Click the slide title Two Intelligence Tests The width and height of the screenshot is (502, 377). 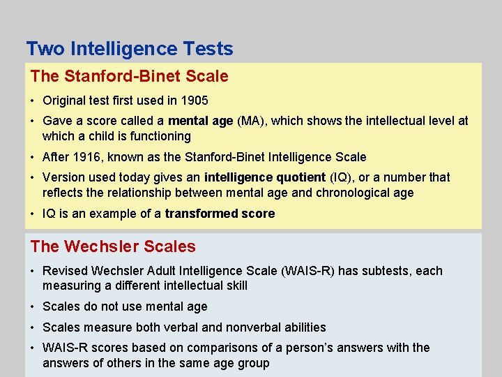[130, 49]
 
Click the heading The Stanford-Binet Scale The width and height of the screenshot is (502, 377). [129, 75]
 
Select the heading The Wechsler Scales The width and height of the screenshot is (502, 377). [113, 246]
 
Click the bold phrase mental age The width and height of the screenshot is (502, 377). [201, 121]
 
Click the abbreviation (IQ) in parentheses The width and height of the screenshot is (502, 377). [340, 177]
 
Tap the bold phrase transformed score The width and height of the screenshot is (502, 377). [220, 214]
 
